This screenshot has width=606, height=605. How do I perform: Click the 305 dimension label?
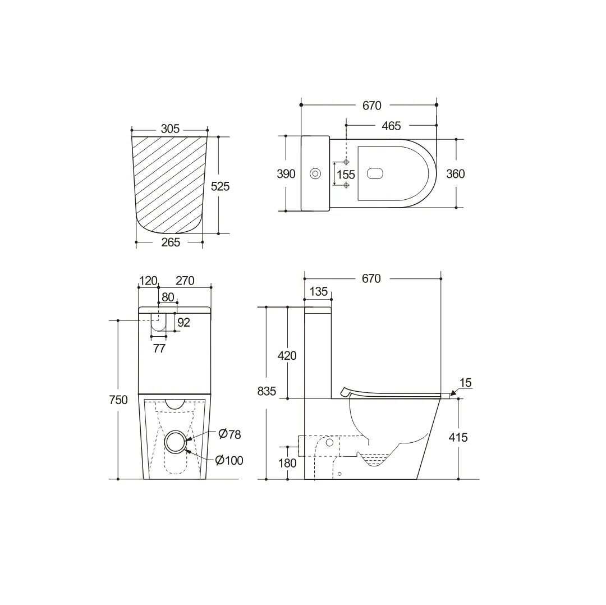(170, 129)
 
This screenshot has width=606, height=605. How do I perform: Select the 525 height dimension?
(220, 186)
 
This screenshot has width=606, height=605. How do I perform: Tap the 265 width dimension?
(170, 242)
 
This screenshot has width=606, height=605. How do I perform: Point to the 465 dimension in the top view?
(391, 126)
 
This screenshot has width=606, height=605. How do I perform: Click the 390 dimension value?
(286, 174)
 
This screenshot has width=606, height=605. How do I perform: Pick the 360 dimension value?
(455, 174)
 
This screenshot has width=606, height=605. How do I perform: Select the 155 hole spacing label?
(346, 175)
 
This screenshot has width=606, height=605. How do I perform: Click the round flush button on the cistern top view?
(315, 173)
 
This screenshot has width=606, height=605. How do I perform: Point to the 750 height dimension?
(118, 400)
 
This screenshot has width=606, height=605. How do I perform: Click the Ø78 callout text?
(229, 434)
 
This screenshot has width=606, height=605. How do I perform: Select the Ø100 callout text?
(229, 460)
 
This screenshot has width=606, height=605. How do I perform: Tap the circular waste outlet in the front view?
(176, 441)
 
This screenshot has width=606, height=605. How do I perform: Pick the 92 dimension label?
(183, 322)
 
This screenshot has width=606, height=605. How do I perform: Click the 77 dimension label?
(159, 349)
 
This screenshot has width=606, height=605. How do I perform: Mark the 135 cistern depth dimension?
(318, 292)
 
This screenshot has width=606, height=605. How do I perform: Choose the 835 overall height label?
(267, 392)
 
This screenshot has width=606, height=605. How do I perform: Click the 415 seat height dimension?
(458, 437)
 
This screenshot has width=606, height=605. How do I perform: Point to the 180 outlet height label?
(288, 463)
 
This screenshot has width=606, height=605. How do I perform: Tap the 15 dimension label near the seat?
(465, 383)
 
